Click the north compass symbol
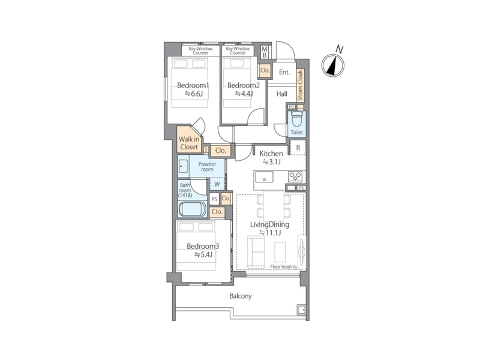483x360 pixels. (x=332, y=65)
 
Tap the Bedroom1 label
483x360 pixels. (x=193, y=85)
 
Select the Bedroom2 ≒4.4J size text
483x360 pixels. (x=244, y=94)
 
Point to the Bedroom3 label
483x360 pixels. (x=203, y=247)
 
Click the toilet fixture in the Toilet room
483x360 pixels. (x=296, y=119)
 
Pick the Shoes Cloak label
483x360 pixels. (x=301, y=85)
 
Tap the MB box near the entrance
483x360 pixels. (x=264, y=52)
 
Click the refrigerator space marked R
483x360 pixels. (x=298, y=148)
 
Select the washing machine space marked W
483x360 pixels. (x=217, y=184)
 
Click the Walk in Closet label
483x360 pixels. (x=189, y=143)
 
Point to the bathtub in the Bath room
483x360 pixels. (x=193, y=210)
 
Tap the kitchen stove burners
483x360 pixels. (x=295, y=176)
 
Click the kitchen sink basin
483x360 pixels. (x=264, y=177)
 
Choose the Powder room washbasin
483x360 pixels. (x=183, y=166)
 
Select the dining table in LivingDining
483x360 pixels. (x=274, y=205)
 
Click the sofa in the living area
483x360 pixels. (x=256, y=251)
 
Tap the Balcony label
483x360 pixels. (x=241, y=296)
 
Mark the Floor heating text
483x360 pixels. (x=283, y=266)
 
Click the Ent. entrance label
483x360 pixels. (x=284, y=72)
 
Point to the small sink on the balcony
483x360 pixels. (x=301, y=310)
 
